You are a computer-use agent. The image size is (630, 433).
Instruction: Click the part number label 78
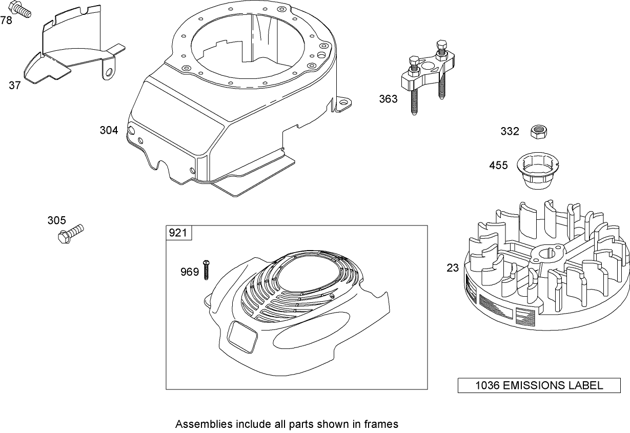coord(6,20)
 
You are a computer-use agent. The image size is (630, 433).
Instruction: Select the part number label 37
coord(15,86)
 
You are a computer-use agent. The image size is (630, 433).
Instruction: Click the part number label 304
coord(109,131)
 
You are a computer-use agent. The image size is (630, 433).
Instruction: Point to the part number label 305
coord(56,220)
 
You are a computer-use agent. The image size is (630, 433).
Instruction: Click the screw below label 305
coord(71,233)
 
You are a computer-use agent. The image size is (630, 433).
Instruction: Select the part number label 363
coord(388,99)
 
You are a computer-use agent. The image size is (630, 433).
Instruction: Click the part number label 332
coord(510,132)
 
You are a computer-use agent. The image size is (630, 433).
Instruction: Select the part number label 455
coord(498,165)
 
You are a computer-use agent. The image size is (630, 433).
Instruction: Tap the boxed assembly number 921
coord(178,233)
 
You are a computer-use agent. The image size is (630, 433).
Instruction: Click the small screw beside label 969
coord(207,269)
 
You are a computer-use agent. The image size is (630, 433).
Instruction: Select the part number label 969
coord(189,272)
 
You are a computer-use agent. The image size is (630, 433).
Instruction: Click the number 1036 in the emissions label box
coord(486,386)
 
